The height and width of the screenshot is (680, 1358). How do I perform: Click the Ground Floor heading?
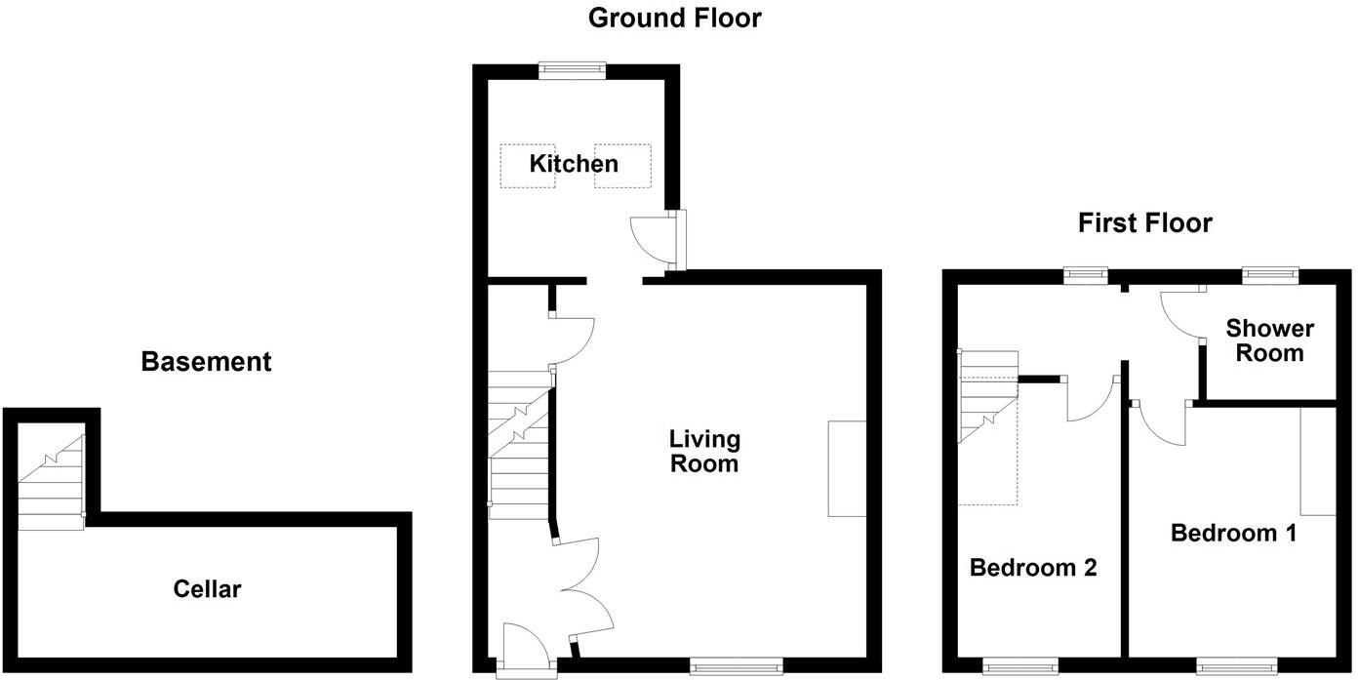[674, 18]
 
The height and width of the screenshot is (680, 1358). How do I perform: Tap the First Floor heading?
[1144, 223]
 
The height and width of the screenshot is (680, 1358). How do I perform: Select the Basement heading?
[206, 362]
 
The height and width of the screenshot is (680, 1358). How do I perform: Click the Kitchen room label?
[574, 163]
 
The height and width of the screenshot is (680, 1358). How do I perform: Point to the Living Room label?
[703, 451]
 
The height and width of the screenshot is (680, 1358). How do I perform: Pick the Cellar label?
[207, 589]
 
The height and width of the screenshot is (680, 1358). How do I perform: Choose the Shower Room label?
[1269, 340]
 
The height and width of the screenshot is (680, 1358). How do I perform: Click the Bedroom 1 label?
[1233, 533]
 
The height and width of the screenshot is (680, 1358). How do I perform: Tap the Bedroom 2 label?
[1033, 567]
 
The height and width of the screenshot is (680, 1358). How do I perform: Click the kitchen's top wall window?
[573, 69]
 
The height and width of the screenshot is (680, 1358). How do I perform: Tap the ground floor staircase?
[519, 439]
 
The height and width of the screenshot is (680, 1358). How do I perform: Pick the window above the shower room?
[1270, 276]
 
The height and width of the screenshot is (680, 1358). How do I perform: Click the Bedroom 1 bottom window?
[1236, 666]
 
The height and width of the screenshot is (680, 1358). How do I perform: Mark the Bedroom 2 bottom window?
[1020, 666]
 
